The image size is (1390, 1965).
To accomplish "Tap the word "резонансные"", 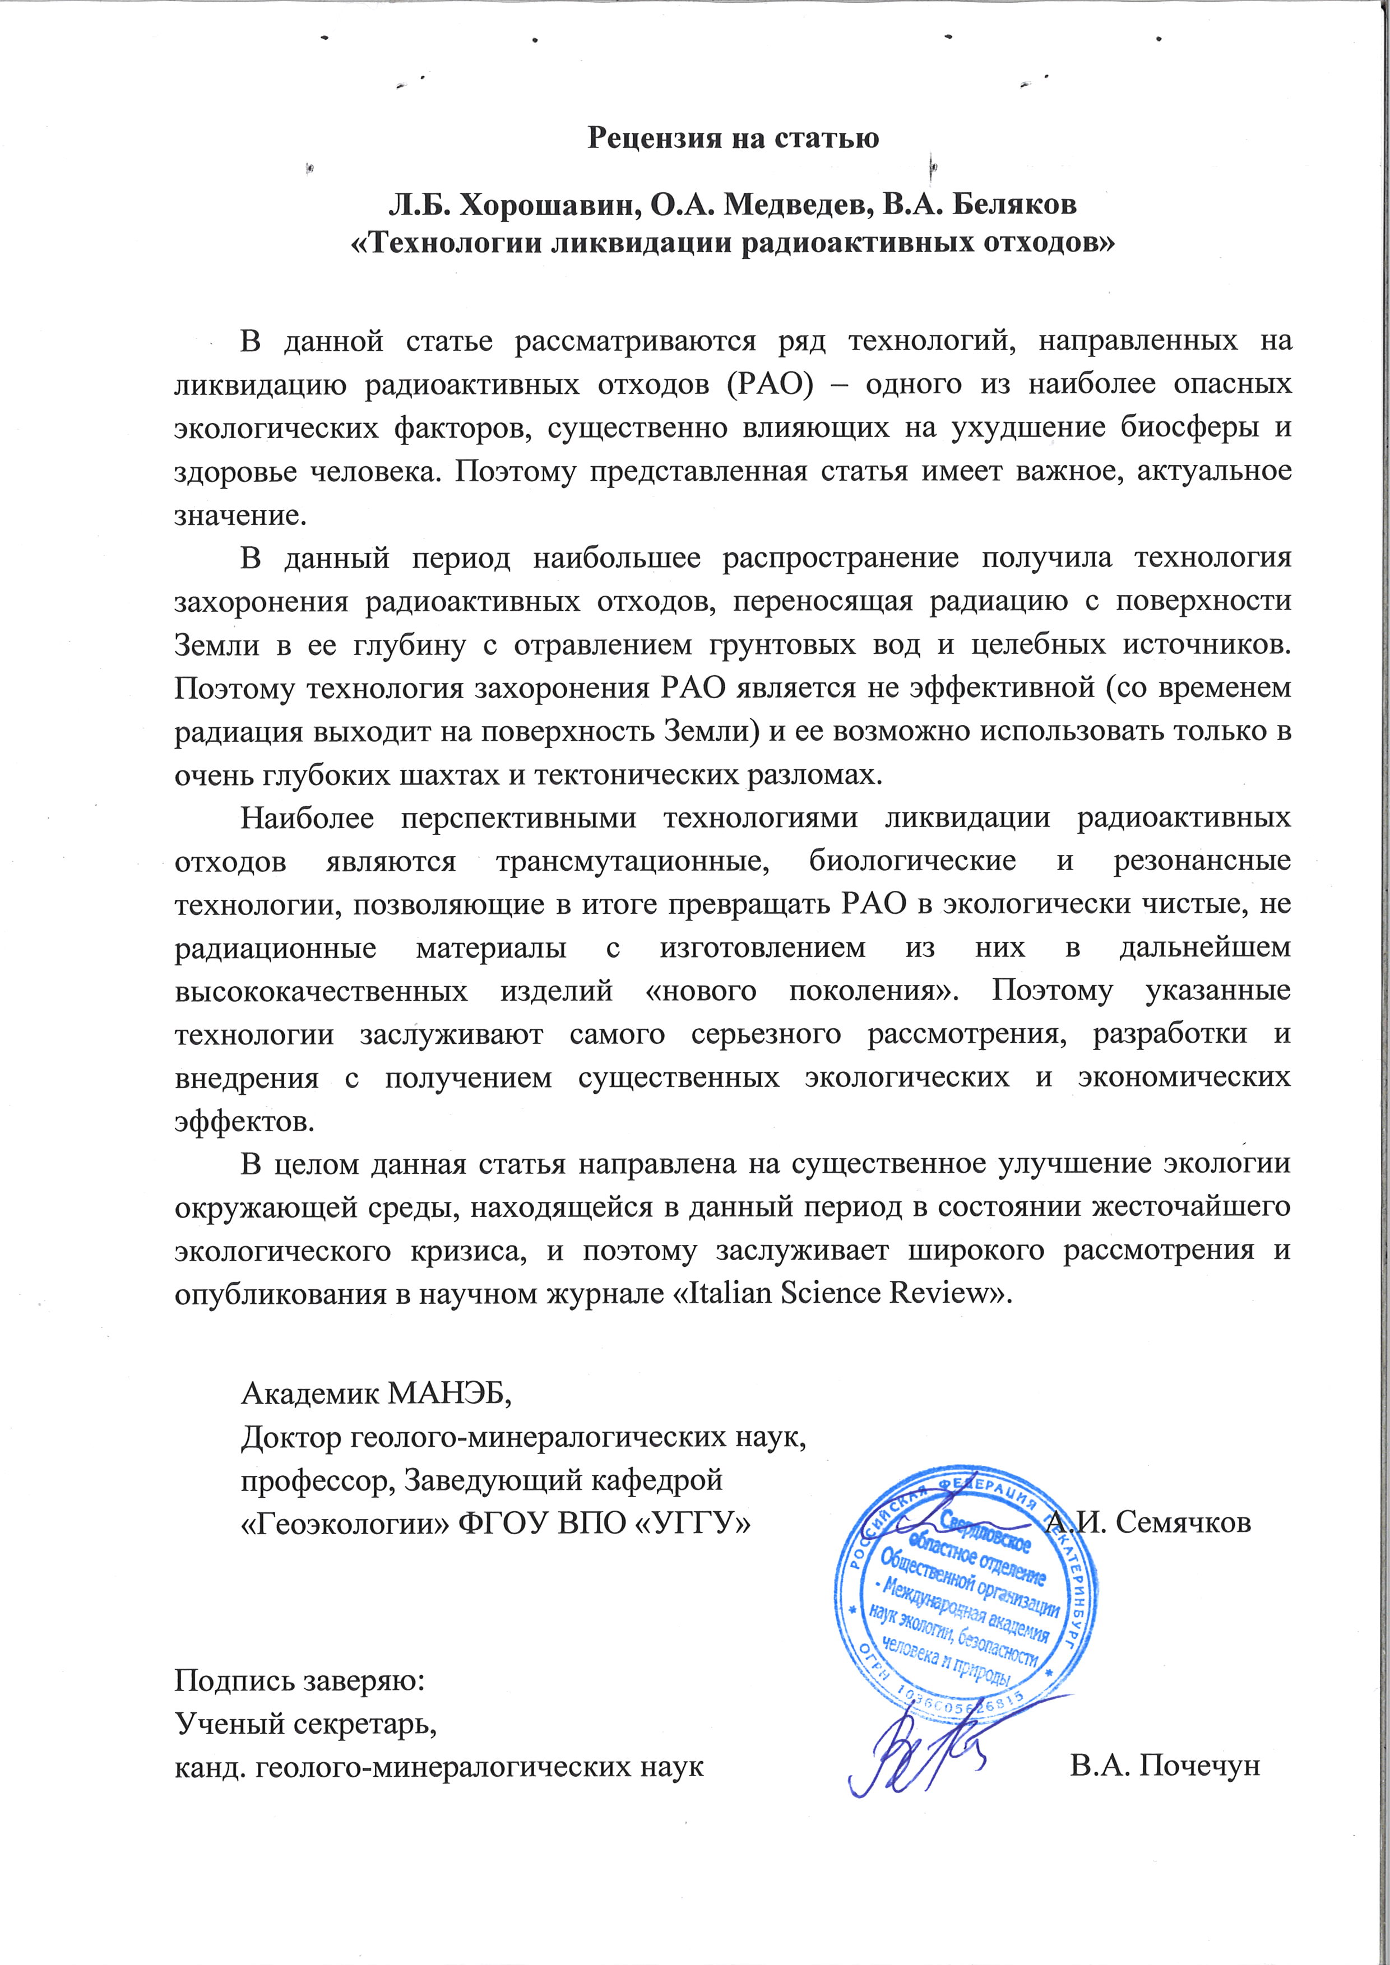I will [x=1201, y=860].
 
